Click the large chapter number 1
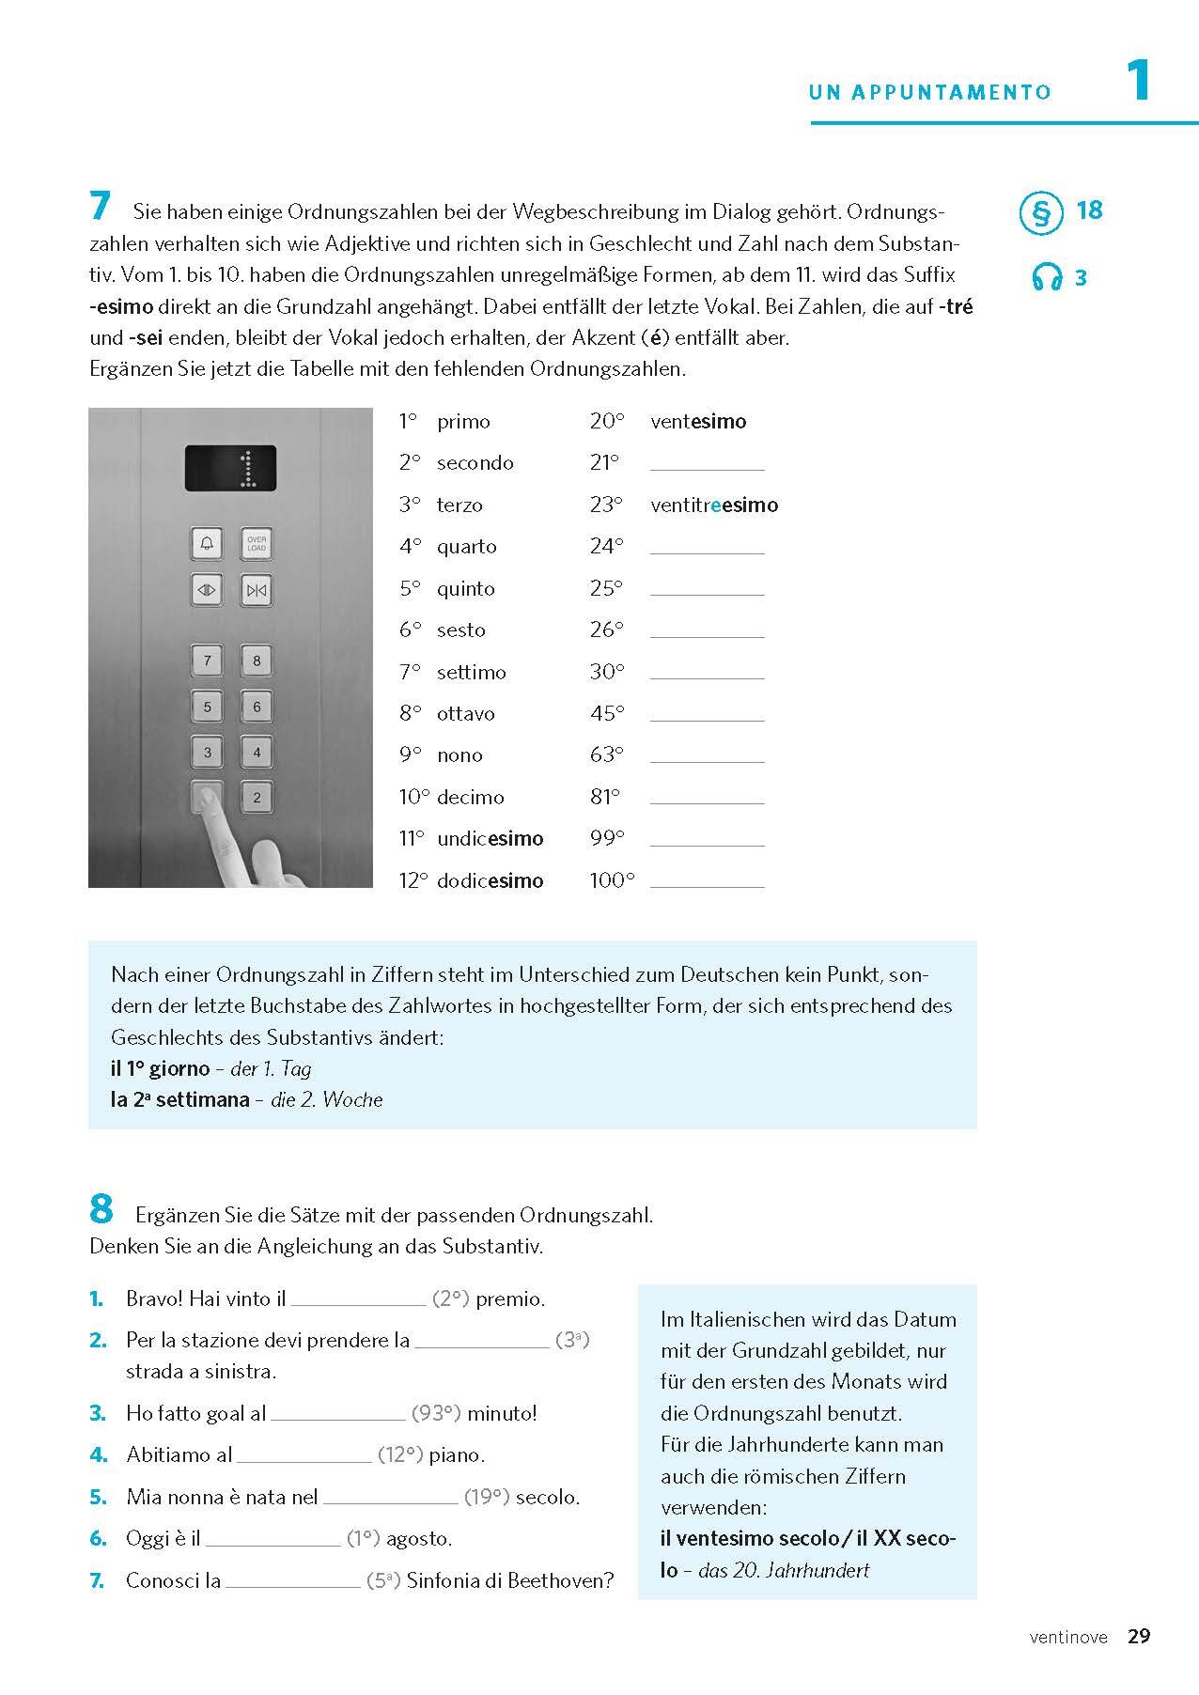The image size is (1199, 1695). (1138, 80)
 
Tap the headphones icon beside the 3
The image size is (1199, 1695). (1046, 277)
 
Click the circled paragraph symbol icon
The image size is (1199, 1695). (1040, 212)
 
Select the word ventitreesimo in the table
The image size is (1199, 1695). (714, 505)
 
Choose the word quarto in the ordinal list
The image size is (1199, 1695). (466, 546)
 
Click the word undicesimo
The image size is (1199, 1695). (490, 838)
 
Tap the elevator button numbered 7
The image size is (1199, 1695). (208, 661)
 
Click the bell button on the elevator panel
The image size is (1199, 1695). (208, 543)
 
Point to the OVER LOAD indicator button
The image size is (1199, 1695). (257, 543)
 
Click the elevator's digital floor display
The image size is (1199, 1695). (230, 468)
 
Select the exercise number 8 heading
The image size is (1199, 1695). (101, 1210)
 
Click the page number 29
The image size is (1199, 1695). (1139, 1636)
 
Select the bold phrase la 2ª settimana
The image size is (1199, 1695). (180, 1099)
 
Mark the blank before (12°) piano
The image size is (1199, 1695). (304, 1456)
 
